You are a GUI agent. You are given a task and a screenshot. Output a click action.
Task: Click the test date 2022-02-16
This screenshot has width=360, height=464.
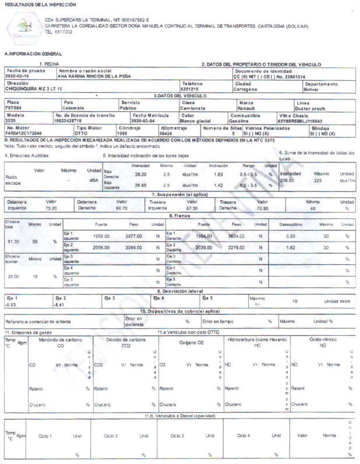pos(17,76)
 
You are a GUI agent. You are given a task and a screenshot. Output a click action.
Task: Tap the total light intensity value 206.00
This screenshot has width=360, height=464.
pos(287,164)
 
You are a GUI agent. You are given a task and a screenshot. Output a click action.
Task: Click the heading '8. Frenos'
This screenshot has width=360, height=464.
pos(179,215)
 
